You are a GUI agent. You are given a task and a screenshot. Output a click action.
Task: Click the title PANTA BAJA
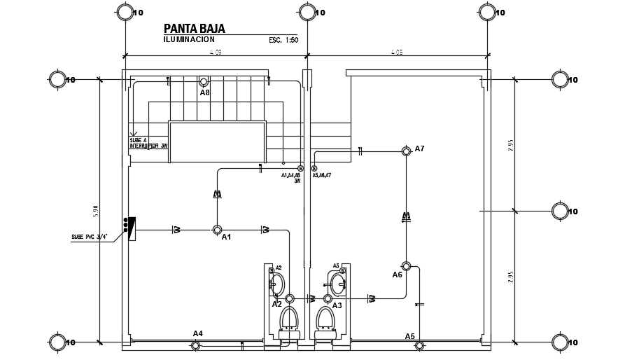194,29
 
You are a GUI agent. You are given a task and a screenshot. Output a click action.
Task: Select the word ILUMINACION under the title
189,40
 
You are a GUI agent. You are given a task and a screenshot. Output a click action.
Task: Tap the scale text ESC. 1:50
283,41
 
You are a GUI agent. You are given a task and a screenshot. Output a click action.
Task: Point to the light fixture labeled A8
204,82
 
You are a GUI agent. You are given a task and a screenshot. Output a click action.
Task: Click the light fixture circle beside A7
406,151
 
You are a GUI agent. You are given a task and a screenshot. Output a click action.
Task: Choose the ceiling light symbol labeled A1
217,230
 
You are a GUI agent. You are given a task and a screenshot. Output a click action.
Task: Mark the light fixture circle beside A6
406,265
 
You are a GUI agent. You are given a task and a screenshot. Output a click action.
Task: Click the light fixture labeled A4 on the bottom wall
196,345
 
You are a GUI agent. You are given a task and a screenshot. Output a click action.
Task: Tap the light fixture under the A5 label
419,345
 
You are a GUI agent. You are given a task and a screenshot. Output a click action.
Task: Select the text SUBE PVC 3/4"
90,237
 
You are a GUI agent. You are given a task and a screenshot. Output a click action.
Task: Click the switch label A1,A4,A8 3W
291,177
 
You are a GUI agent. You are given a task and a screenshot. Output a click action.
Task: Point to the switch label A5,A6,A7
322,175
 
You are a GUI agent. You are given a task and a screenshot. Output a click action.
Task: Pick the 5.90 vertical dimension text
95,209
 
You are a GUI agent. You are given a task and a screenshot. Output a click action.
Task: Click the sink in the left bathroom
277,284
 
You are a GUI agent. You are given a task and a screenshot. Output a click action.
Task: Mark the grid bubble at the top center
307,12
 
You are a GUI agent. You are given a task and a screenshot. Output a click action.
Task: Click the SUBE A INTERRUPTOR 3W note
148,143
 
